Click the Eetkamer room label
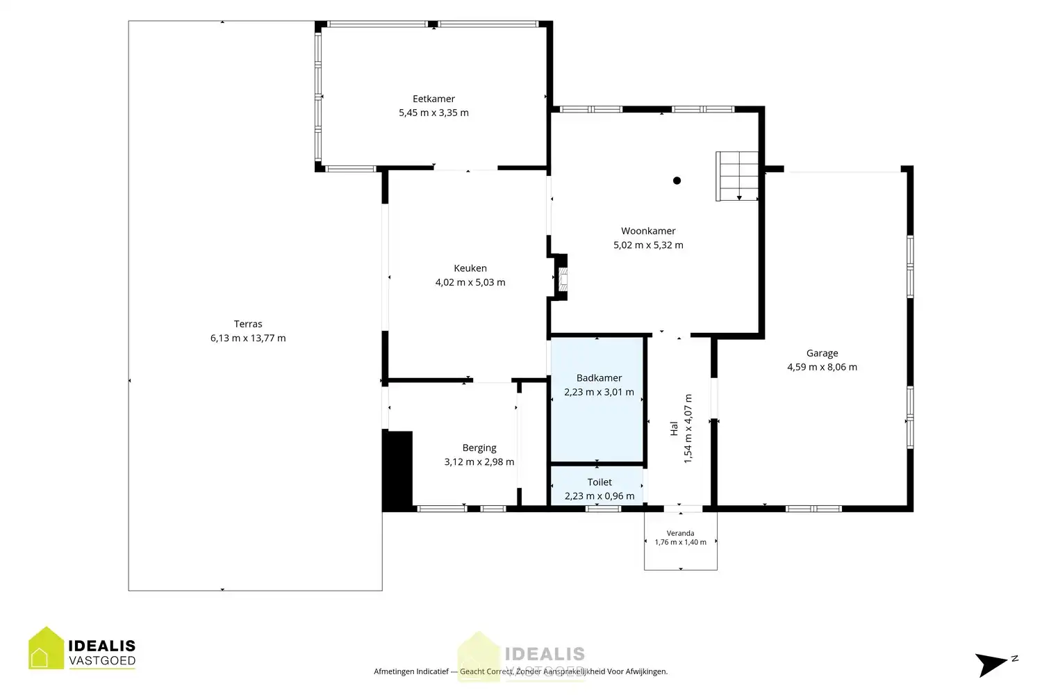click(433, 99)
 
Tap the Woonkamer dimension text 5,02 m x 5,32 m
click(648, 245)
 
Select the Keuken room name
click(470, 268)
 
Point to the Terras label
click(248, 324)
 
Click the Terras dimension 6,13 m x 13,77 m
click(248, 338)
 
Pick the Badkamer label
click(599, 378)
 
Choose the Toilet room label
click(599, 482)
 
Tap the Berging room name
click(479, 448)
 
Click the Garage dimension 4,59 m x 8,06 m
click(822, 367)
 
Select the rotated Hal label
click(674, 429)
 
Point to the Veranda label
click(681, 534)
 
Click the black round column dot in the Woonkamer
click(677, 181)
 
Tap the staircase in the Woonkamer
click(737, 177)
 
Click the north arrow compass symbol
click(994, 664)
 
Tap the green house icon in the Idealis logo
click(46, 648)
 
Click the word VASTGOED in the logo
click(102, 660)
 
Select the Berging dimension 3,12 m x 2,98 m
click(479, 461)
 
